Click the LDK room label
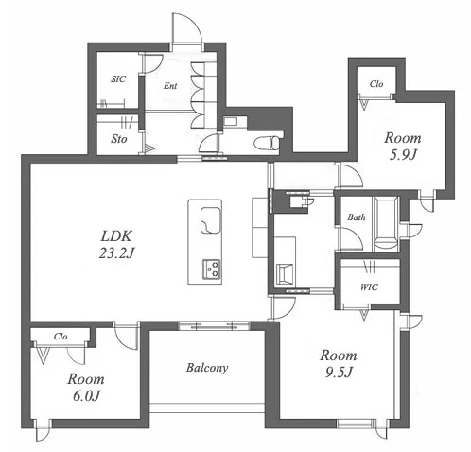[x=116, y=236]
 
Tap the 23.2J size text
[x=116, y=252]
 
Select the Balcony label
[x=207, y=368]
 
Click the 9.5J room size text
[x=339, y=373]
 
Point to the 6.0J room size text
[x=86, y=396]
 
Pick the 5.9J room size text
[x=403, y=155]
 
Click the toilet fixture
[x=267, y=143]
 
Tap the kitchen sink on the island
[x=210, y=220]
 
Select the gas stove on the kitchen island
[x=211, y=269]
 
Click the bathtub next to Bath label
[x=385, y=224]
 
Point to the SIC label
[x=118, y=79]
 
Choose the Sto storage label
[x=119, y=139]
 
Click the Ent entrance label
[x=170, y=86]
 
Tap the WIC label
[x=369, y=287]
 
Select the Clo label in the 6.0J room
[x=61, y=337]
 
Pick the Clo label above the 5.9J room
[x=376, y=84]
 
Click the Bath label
[x=357, y=217]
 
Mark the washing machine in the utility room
[x=285, y=274]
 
